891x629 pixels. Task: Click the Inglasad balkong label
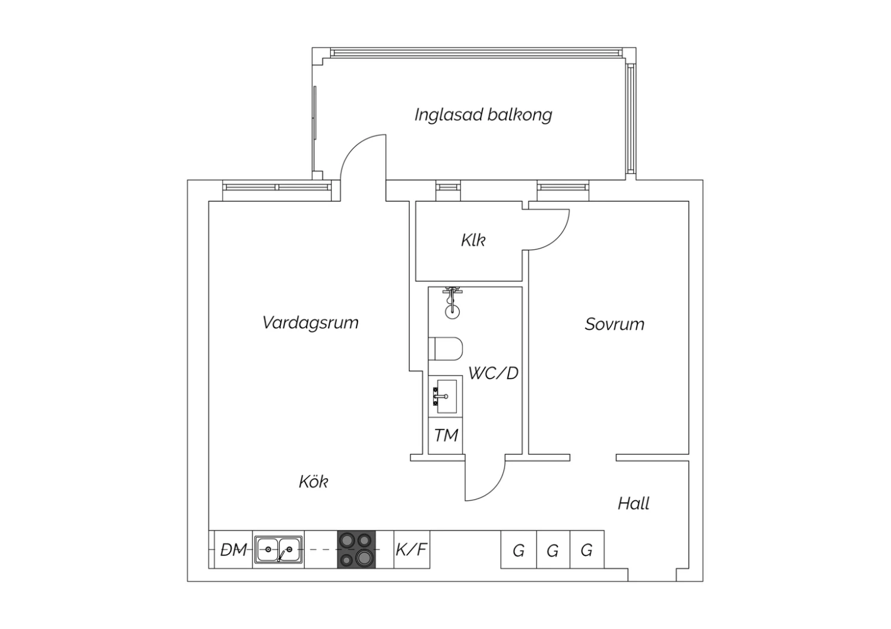tap(484, 115)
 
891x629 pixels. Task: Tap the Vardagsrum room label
tap(310, 323)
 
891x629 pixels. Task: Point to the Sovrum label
tap(615, 324)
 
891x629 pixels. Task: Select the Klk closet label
tap(473, 240)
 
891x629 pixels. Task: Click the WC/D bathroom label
tap(493, 373)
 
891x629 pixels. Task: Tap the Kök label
tap(314, 482)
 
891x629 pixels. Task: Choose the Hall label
tap(633, 504)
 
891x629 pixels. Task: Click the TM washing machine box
tap(445, 436)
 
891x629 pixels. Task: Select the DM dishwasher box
tap(233, 549)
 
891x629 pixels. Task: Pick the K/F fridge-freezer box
tap(412, 549)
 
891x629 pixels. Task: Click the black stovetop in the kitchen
tap(356, 549)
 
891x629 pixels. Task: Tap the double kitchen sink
tap(279, 549)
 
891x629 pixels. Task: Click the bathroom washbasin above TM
tap(445, 396)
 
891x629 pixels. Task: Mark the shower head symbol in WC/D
tap(452, 303)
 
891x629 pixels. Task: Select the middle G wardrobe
tap(553, 549)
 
